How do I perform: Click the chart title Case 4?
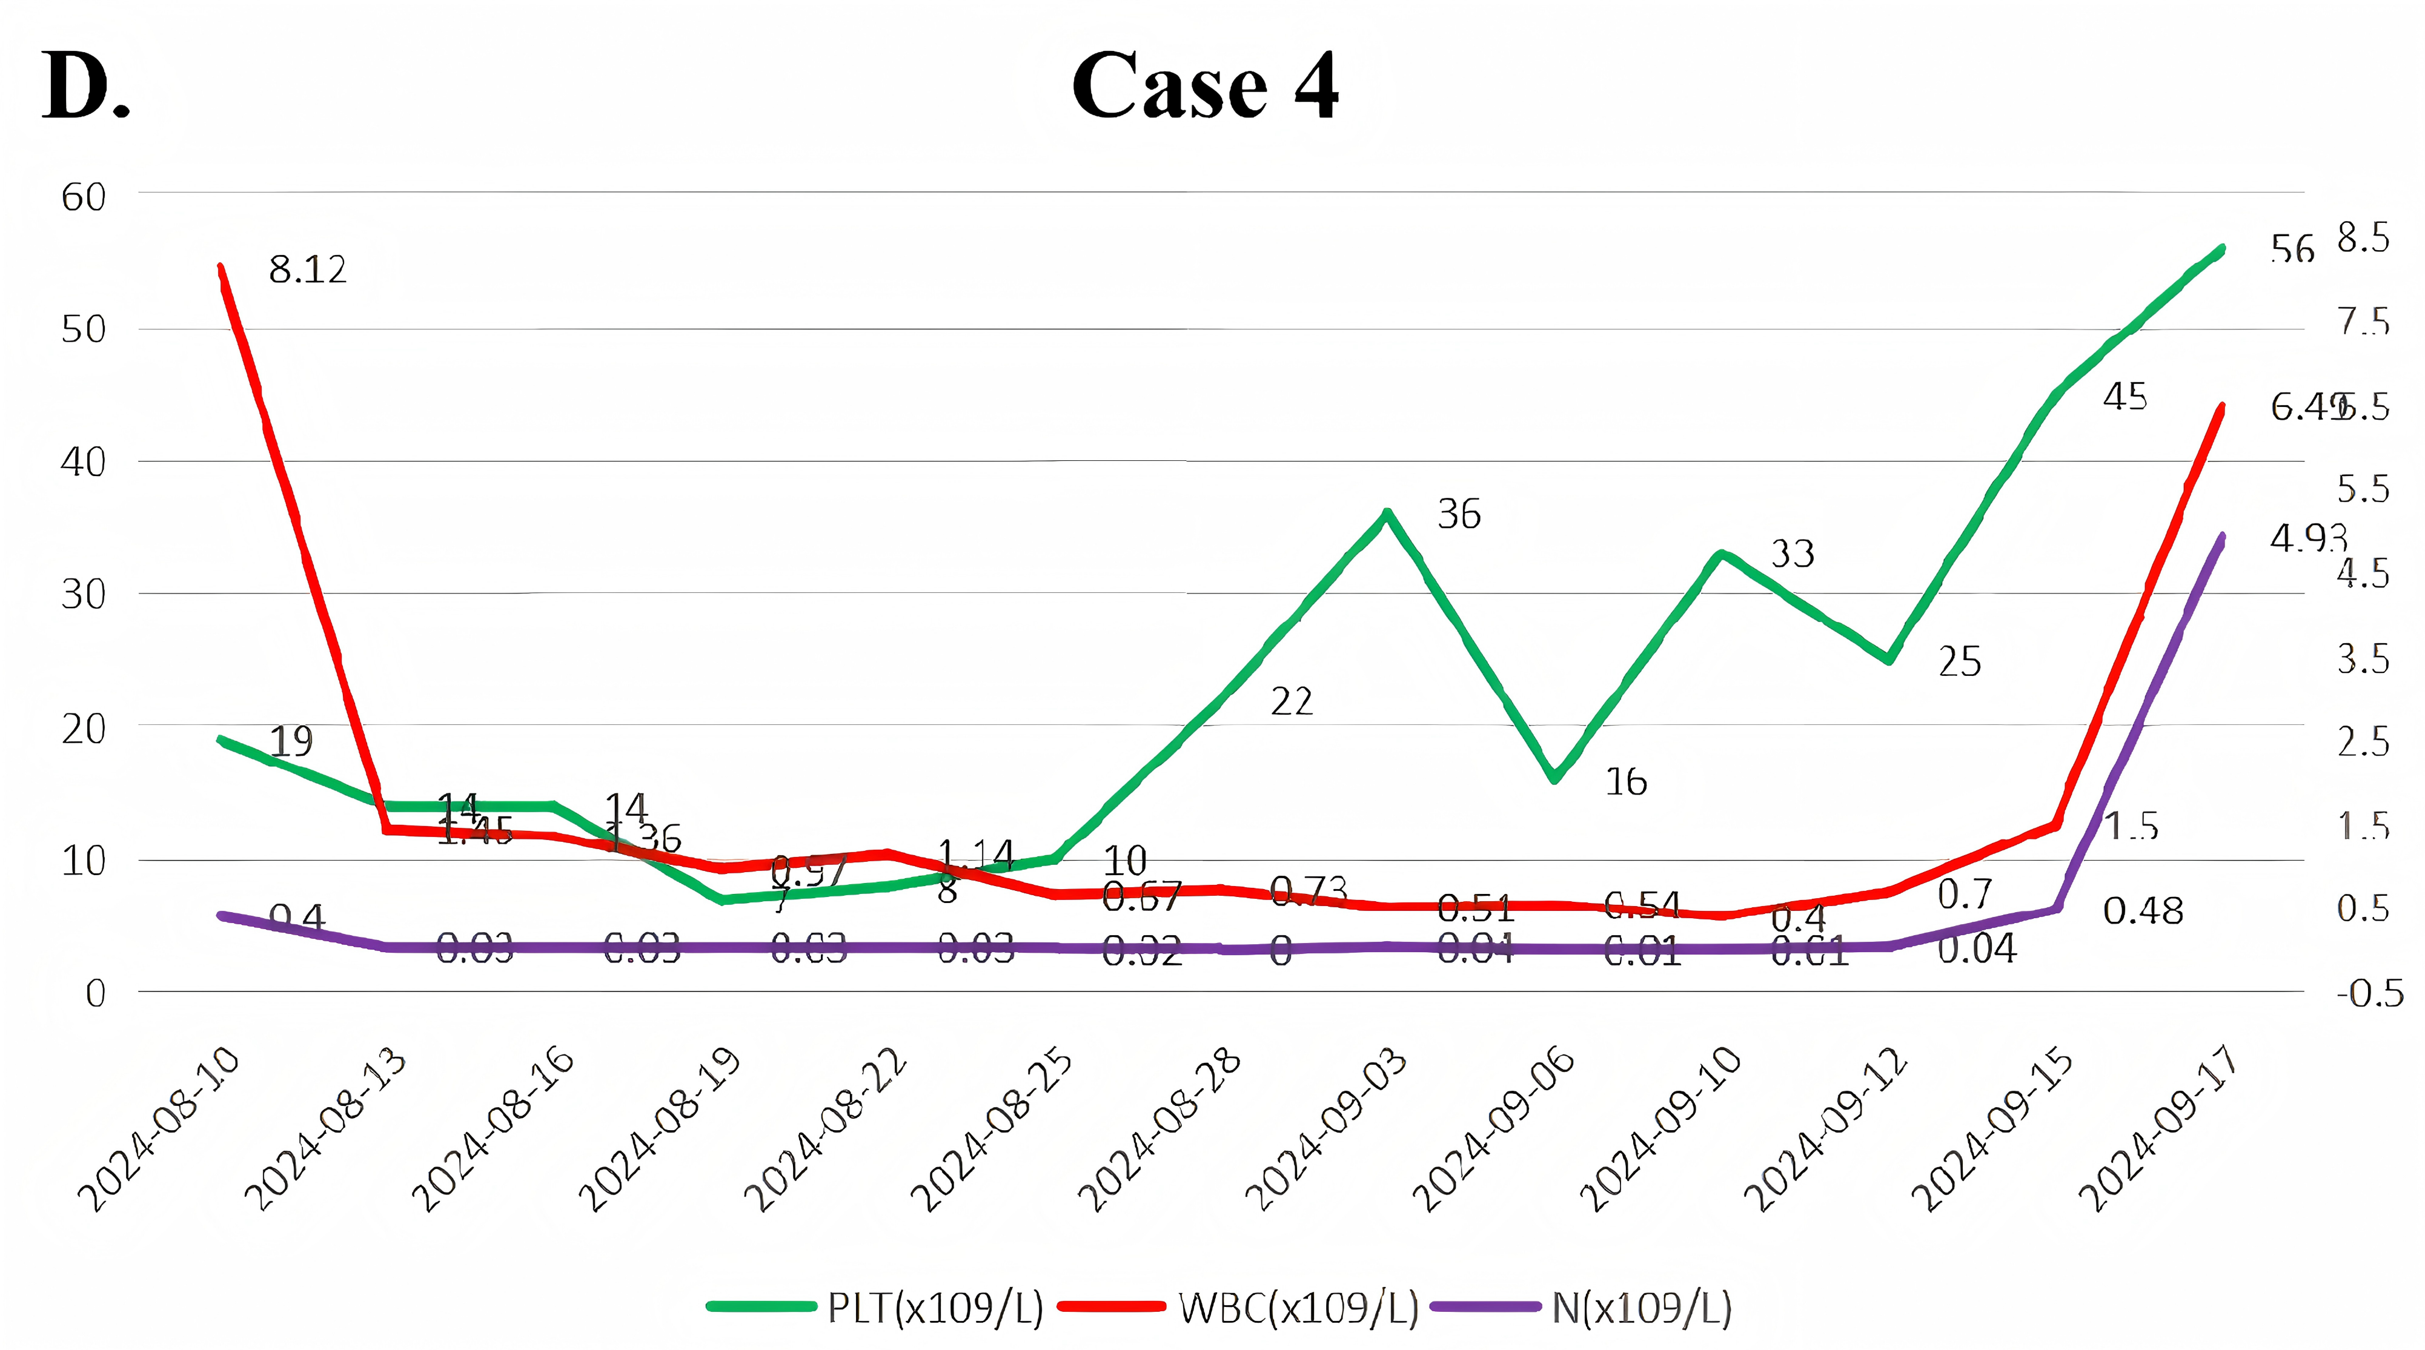1204,87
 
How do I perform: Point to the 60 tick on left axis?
83,197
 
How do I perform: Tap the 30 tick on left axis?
83,594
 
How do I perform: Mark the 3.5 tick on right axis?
2363,659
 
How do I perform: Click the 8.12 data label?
308,270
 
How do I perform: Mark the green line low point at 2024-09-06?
1555,778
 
